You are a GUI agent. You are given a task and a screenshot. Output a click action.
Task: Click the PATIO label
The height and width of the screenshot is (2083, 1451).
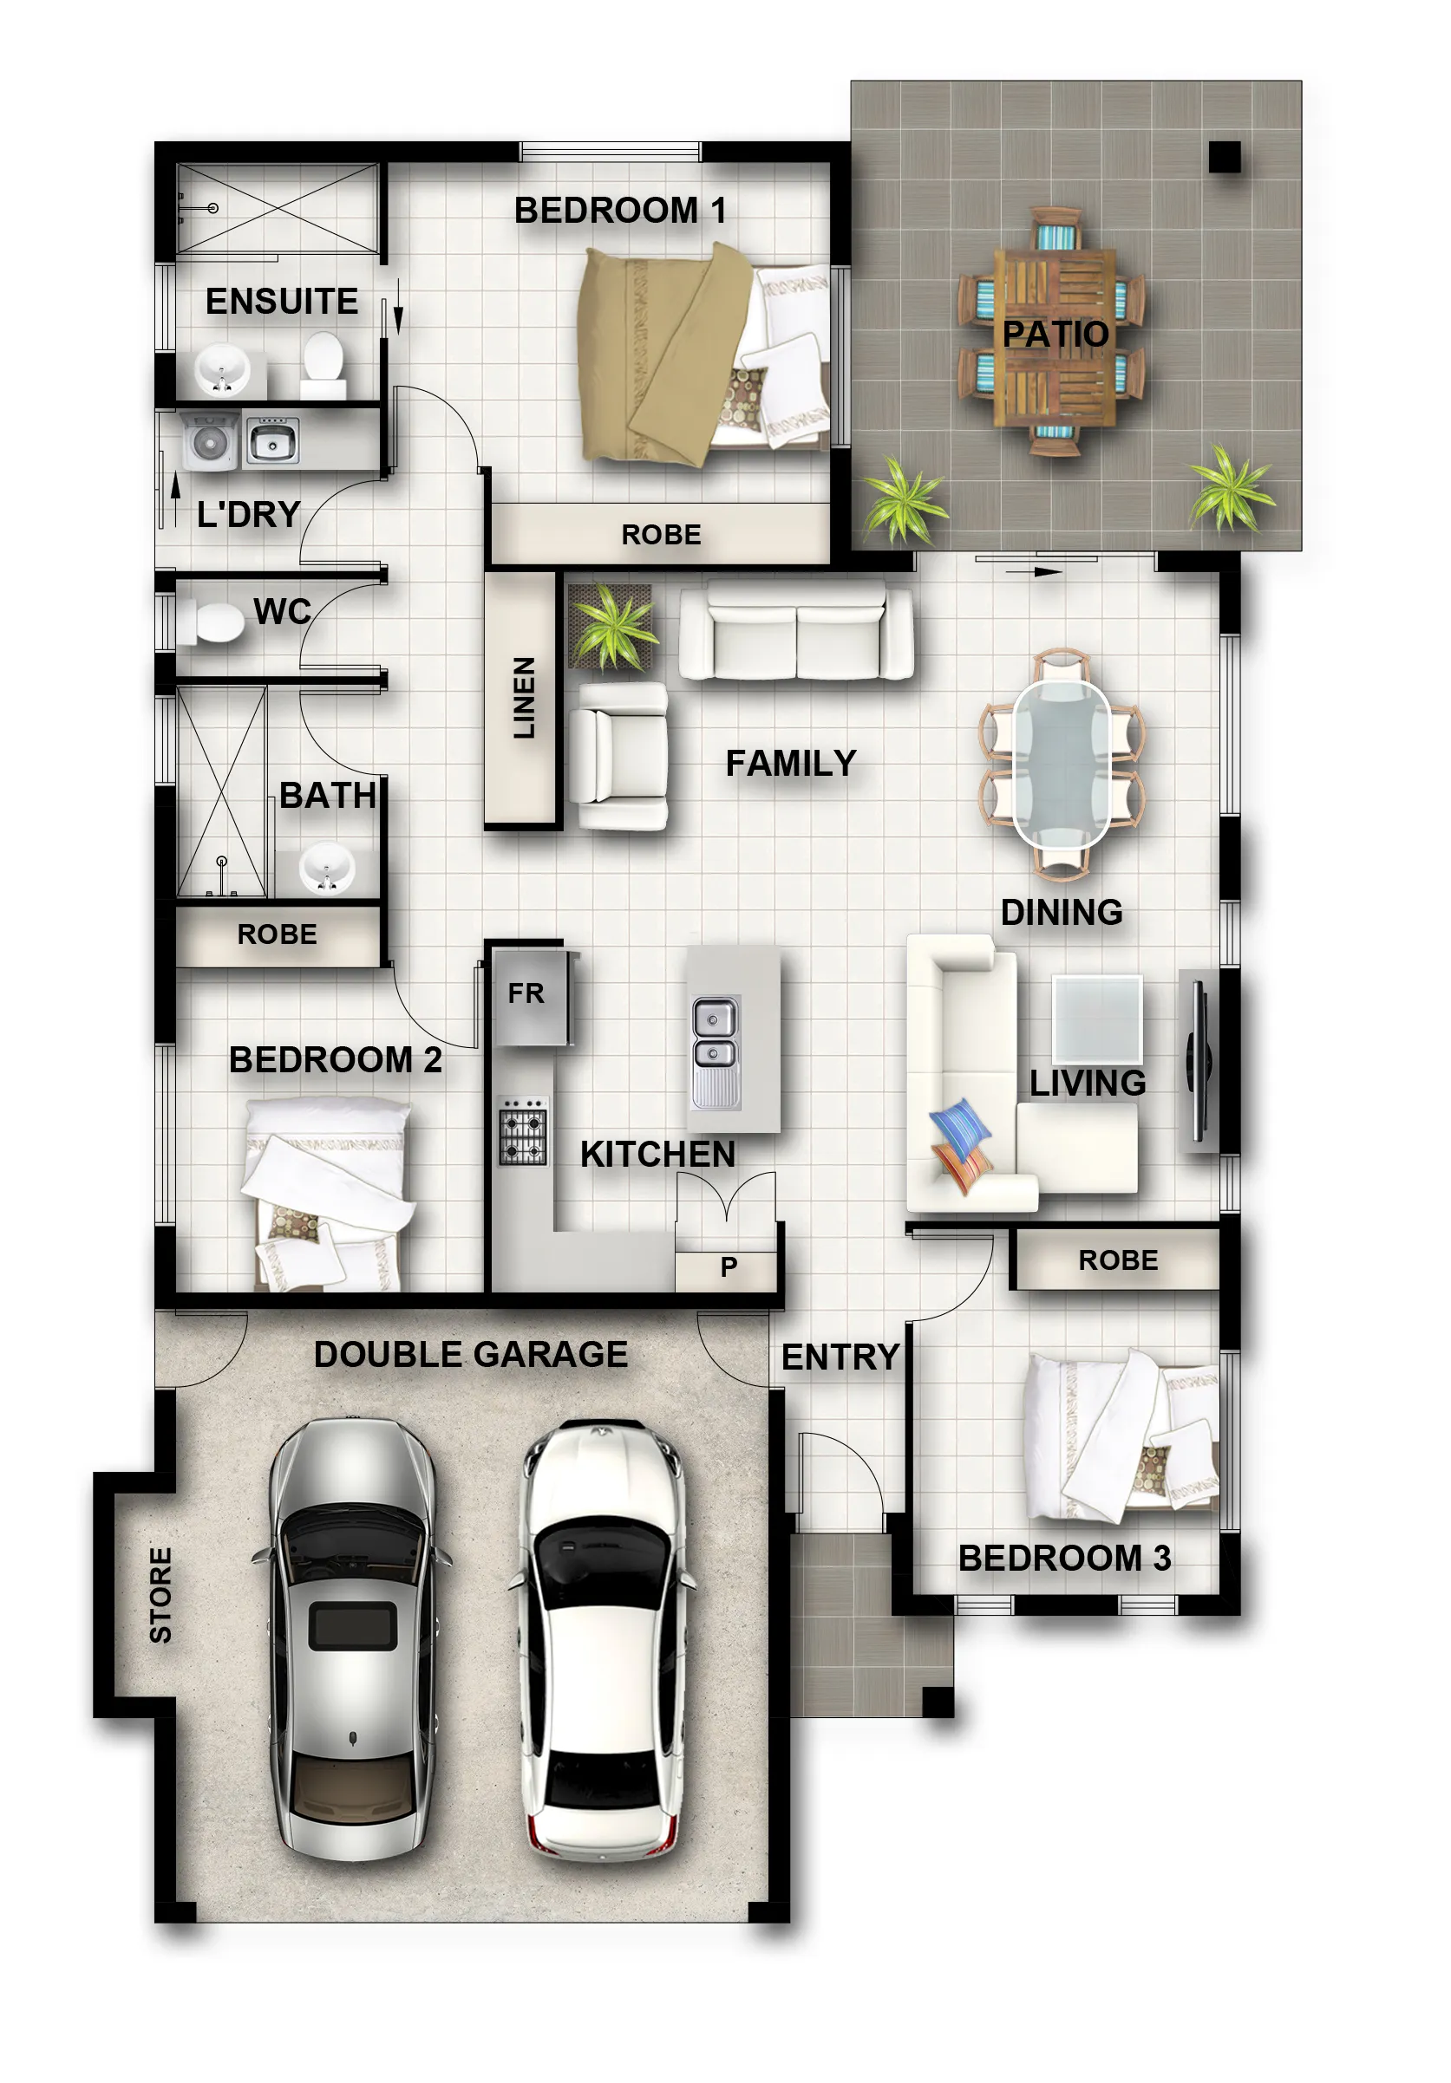[x=1055, y=334]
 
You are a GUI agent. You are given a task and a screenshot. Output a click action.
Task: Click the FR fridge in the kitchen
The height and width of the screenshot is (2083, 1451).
[x=530, y=996]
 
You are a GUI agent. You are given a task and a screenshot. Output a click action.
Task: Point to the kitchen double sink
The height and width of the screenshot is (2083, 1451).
[x=716, y=1052]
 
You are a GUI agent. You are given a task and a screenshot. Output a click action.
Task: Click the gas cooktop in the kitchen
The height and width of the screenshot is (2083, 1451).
[x=523, y=1131]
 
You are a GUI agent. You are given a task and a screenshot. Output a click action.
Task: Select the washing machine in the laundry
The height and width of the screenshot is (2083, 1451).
[x=211, y=441]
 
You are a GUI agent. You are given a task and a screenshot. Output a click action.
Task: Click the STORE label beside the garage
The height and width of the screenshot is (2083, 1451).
[x=160, y=1594]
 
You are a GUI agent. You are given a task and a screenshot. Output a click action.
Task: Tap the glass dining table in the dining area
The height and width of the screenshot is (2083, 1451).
[x=1061, y=764]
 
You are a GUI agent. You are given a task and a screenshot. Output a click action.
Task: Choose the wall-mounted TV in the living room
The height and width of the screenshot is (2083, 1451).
[x=1199, y=1059]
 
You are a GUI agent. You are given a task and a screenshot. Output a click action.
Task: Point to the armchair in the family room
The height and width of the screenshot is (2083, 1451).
[x=621, y=756]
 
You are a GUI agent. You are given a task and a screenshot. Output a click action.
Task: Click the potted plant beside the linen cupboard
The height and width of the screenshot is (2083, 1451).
[x=611, y=625]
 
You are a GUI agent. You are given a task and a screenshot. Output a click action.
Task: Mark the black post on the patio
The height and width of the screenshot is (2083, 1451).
[x=1224, y=157]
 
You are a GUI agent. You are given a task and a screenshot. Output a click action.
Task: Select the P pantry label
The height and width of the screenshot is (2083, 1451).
[x=728, y=1266]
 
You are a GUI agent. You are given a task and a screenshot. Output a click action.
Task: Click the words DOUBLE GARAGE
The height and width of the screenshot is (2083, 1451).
[x=470, y=1355]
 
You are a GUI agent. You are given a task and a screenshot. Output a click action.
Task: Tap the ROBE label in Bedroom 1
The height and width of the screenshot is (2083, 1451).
[x=661, y=534]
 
